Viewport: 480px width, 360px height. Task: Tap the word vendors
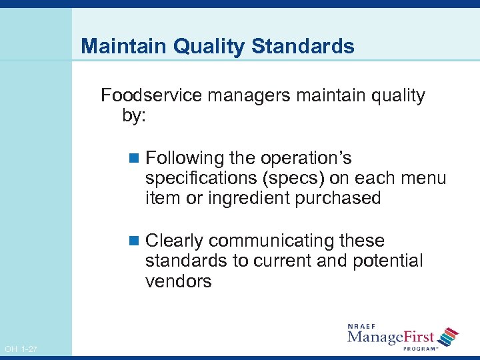tap(178, 281)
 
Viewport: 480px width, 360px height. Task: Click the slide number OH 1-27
tap(21, 349)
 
